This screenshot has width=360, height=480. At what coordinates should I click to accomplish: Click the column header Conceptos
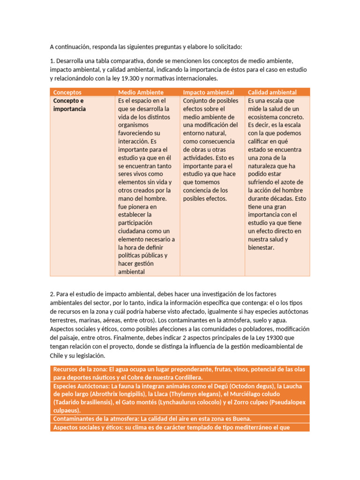67,92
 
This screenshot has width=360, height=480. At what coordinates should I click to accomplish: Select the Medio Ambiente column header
141,92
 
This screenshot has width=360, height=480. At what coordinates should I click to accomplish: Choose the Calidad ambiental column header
272,92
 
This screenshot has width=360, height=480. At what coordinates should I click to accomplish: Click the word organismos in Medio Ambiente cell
133,125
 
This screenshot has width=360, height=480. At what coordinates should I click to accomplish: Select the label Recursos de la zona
80,369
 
